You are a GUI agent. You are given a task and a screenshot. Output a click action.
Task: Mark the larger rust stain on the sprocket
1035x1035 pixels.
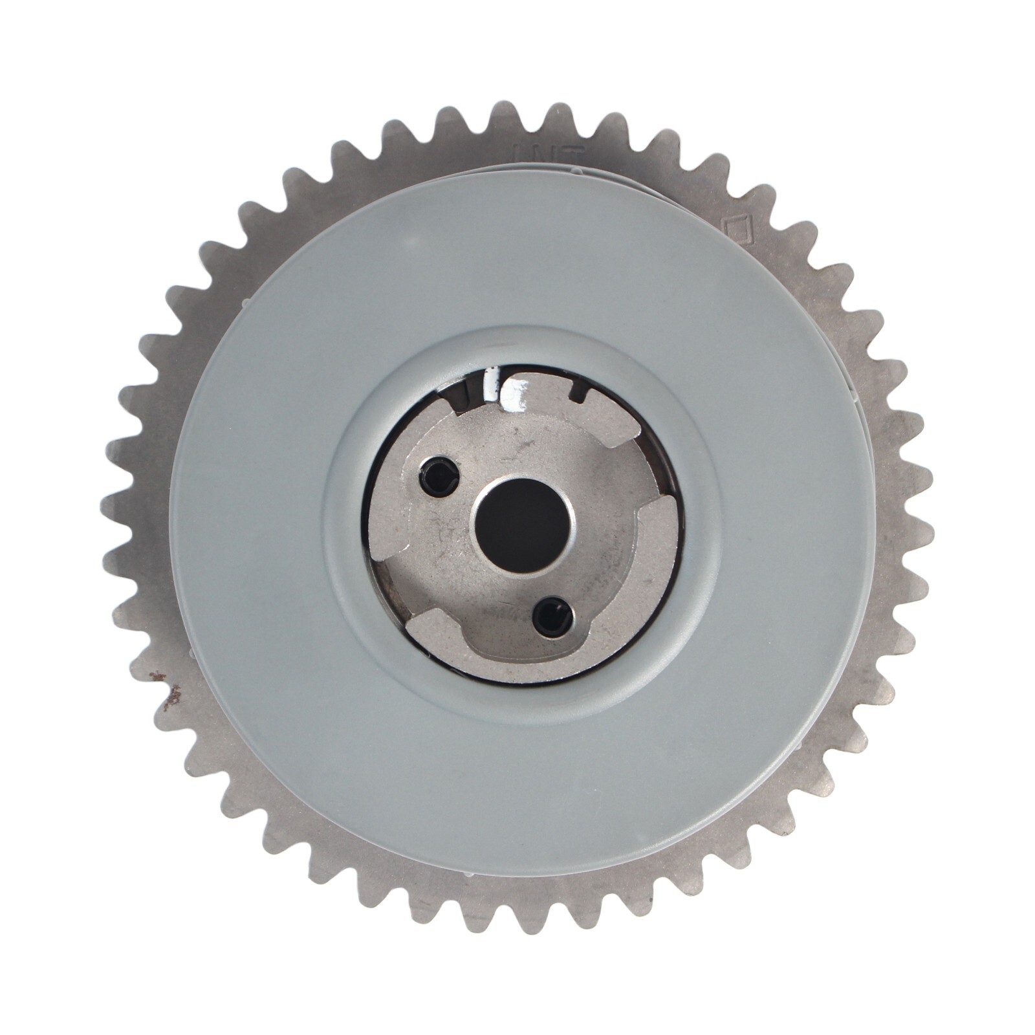[173, 695]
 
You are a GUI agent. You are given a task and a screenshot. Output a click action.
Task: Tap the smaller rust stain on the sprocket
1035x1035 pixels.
[156, 677]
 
